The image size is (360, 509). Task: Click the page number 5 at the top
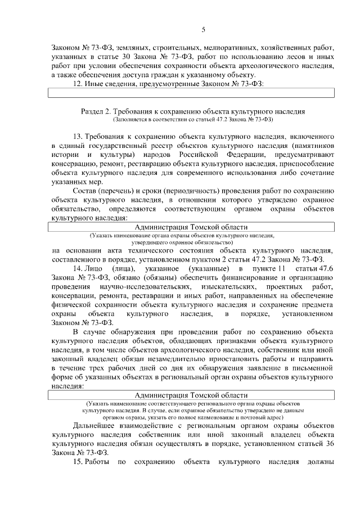[x=203, y=30]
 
